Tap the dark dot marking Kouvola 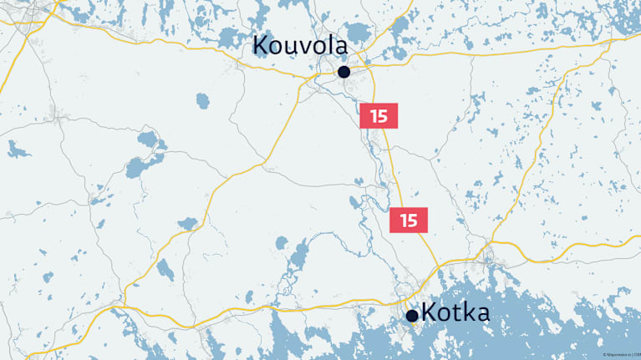click(x=343, y=72)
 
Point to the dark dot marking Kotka click(x=412, y=316)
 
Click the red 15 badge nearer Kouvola click(x=379, y=116)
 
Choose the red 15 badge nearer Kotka click(x=409, y=221)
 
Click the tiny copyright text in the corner click(x=620, y=355)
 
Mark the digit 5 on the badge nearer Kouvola click(x=383, y=116)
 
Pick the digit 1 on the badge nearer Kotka click(x=404, y=221)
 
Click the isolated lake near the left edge click(x=17, y=150)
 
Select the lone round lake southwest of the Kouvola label click(x=202, y=101)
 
